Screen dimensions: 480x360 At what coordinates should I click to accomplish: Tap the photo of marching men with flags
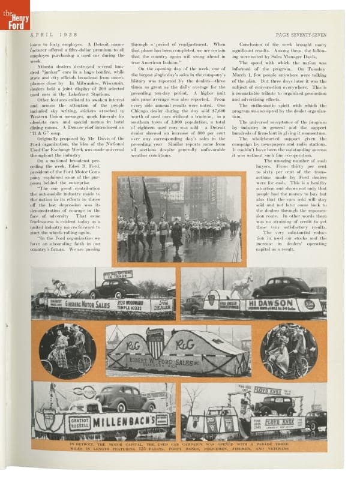point(178,219)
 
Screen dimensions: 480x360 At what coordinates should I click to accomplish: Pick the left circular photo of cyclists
point(67,350)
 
